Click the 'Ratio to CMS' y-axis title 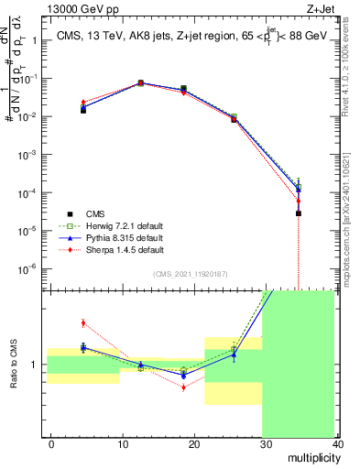(13, 365)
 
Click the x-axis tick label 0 (51, 444)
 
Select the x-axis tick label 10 (122, 444)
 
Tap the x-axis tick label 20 (193, 444)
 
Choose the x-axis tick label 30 (265, 444)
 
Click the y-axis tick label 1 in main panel (35, 40)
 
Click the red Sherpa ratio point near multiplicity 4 (83, 322)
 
